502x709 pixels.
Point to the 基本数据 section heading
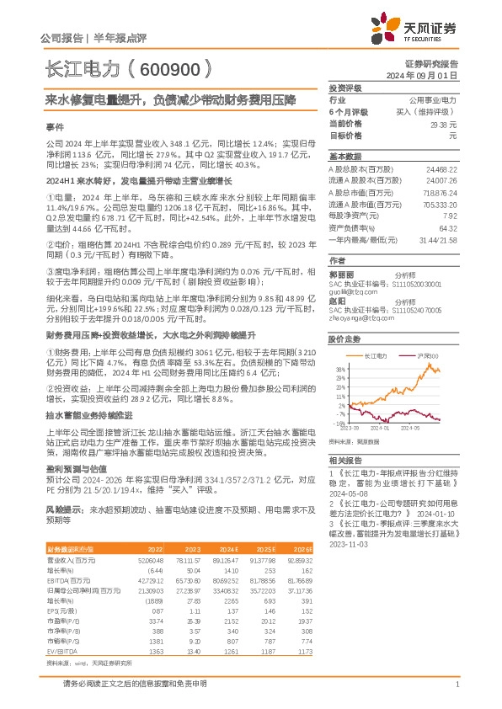(x=344, y=157)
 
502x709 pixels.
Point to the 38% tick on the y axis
(x=341, y=370)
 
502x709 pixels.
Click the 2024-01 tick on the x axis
(x=389, y=429)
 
